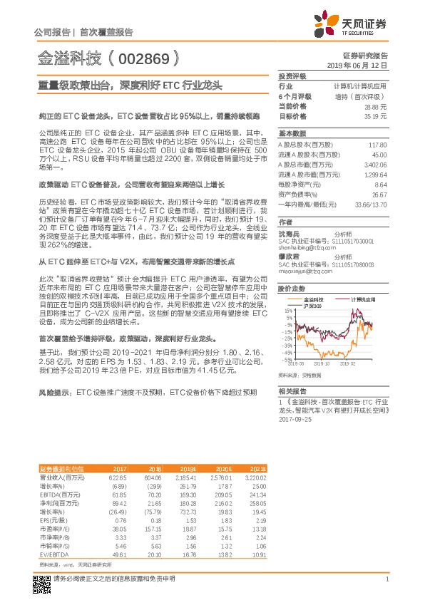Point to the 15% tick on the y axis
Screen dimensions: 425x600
(286, 311)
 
